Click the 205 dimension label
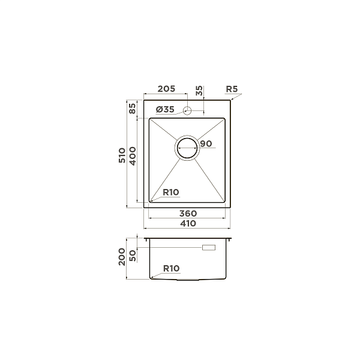[x=166, y=89]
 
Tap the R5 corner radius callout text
[x=232, y=89]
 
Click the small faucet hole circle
[x=188, y=110]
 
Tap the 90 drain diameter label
[x=206, y=144]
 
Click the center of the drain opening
[x=187, y=148]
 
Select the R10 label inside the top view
[x=171, y=192]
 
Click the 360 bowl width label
[x=188, y=214]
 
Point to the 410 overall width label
[x=188, y=223]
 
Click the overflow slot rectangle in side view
[x=211, y=247]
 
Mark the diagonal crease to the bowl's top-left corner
[x=162, y=130]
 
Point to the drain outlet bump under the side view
[x=187, y=280]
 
